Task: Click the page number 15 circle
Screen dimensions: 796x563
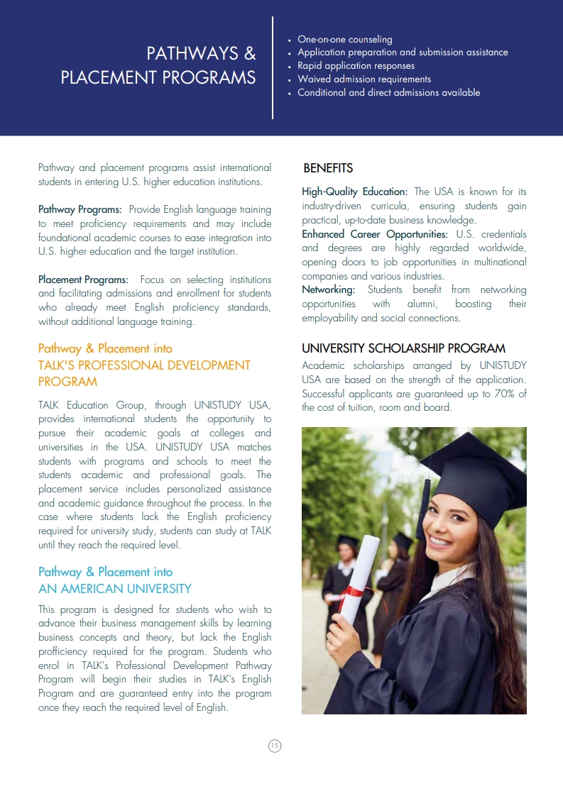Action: [275, 745]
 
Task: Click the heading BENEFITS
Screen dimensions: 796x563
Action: [328, 168]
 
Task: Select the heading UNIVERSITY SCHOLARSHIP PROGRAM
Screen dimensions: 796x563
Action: [403, 348]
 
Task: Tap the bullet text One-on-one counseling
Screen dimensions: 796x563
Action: [344, 39]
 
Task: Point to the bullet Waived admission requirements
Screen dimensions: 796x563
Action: [364, 79]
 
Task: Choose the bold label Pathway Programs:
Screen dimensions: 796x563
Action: [80, 209]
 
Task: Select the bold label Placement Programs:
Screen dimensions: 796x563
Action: [83, 280]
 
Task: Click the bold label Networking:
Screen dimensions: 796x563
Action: [329, 289]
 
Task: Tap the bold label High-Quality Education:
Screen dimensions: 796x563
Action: [354, 192]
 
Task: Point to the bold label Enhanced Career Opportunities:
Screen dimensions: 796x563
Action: [375, 233]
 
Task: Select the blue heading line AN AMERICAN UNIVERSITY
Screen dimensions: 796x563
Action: [114, 588]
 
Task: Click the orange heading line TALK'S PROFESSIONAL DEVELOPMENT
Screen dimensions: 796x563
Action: [144, 365]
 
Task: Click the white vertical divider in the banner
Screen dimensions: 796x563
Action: [273, 67]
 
